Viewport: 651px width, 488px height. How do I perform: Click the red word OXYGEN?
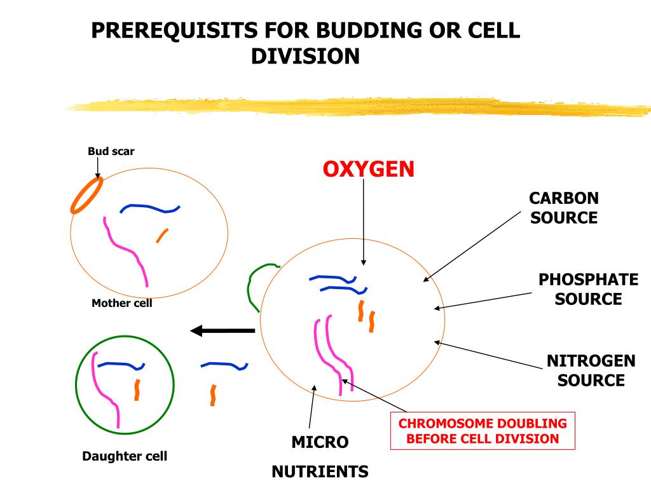[x=369, y=169]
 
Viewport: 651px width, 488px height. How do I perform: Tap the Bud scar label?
[x=111, y=151]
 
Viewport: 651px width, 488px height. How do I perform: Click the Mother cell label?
[x=121, y=303]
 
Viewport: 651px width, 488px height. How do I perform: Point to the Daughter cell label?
[x=125, y=456]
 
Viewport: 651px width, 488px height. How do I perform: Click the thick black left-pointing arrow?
[x=223, y=330]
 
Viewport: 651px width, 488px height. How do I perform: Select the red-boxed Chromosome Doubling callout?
[x=483, y=431]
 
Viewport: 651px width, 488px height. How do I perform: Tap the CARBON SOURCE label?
[x=564, y=208]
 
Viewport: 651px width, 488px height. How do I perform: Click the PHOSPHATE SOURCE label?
[x=588, y=289]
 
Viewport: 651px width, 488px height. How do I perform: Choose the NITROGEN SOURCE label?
[x=591, y=370]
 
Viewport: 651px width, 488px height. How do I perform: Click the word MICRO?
[x=320, y=442]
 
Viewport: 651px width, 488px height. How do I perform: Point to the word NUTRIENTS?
[x=320, y=472]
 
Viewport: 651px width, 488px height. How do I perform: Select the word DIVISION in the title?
[x=305, y=56]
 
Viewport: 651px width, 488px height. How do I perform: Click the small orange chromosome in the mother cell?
[x=162, y=235]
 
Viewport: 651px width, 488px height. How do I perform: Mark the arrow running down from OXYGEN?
[x=363, y=222]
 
